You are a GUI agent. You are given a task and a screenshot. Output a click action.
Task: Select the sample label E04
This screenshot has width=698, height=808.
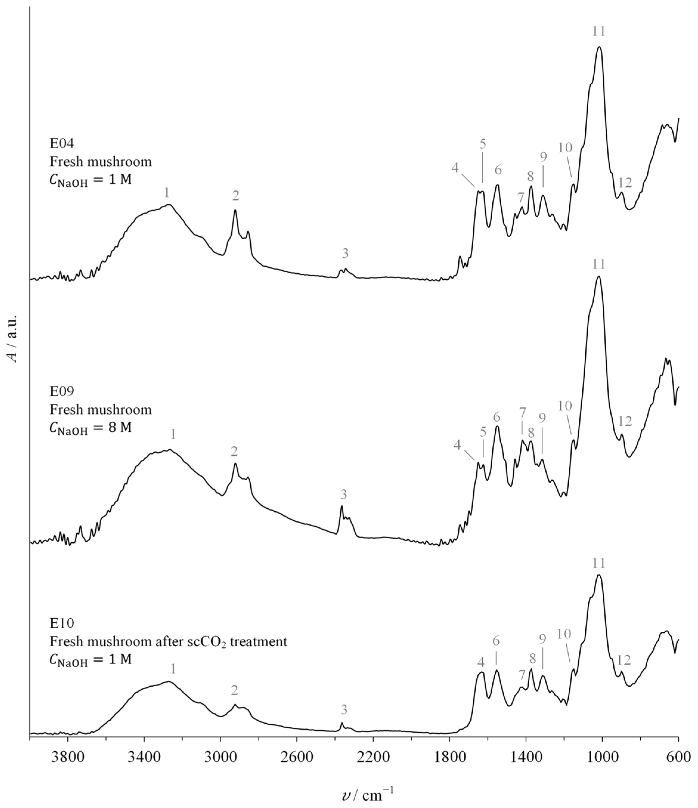tap(62, 143)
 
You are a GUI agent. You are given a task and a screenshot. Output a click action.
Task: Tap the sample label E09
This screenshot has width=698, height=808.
tap(62, 391)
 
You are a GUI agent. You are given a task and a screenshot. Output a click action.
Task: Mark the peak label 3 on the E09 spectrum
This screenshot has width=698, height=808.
tap(343, 495)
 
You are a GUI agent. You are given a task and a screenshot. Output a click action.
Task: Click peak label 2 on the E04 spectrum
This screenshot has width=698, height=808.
tap(235, 196)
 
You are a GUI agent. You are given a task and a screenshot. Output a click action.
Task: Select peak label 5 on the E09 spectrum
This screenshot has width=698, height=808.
tap(483, 432)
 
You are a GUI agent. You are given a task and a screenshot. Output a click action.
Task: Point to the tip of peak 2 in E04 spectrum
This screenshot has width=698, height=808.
tap(235, 210)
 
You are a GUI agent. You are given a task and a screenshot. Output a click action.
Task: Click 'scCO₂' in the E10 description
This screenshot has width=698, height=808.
tap(205, 642)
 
